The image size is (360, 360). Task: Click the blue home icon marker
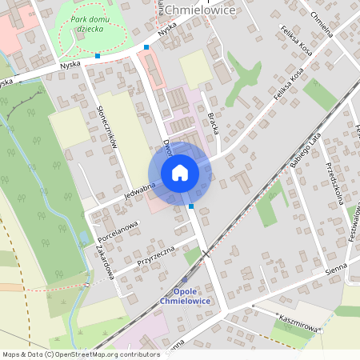coord(179,173)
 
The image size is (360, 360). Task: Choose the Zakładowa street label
coord(106,262)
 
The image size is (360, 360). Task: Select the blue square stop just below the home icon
coord(191,206)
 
